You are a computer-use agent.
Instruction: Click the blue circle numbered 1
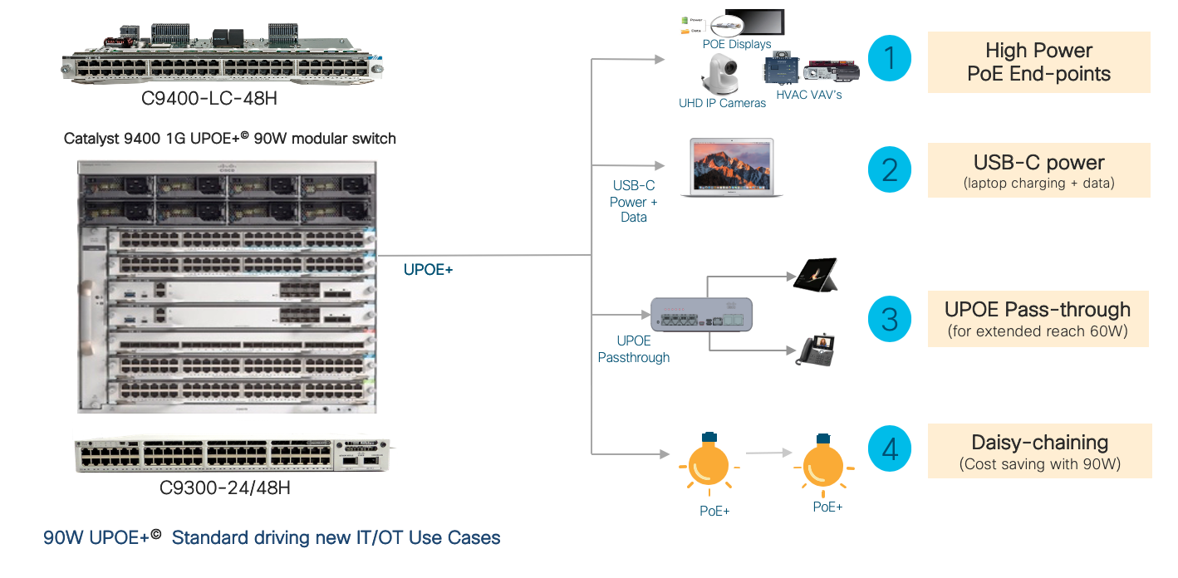890,58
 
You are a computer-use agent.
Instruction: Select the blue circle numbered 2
890,169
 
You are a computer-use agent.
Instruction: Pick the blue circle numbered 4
890,450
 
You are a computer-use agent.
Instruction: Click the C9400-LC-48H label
209,99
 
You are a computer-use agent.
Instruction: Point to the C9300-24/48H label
224,487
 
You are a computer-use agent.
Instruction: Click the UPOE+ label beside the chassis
428,270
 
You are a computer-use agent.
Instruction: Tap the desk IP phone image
817,350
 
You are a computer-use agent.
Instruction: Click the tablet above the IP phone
815,275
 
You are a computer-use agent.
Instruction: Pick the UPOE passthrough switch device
701,315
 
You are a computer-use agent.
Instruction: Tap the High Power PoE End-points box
1038,62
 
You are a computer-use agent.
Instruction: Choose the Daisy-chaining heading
1039,443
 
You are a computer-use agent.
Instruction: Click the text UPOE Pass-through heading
1038,310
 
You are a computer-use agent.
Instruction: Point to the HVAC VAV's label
807,95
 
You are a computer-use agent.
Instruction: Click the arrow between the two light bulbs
765,453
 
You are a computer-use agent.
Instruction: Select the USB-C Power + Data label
633,201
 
